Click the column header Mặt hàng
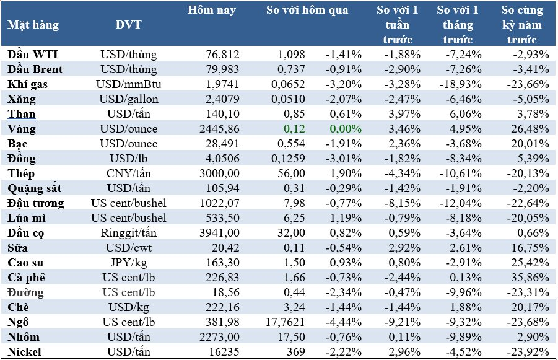[x=33, y=25]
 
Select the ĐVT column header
[x=128, y=25]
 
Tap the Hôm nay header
[x=212, y=10]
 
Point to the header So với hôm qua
[x=307, y=10]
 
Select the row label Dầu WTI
[x=28, y=54]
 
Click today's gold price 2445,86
[x=218, y=128]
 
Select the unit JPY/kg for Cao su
[x=128, y=262]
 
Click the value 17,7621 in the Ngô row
[x=284, y=322]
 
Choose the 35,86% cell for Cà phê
[x=531, y=277]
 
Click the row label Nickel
[x=24, y=351]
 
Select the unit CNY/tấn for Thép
[x=128, y=173]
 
